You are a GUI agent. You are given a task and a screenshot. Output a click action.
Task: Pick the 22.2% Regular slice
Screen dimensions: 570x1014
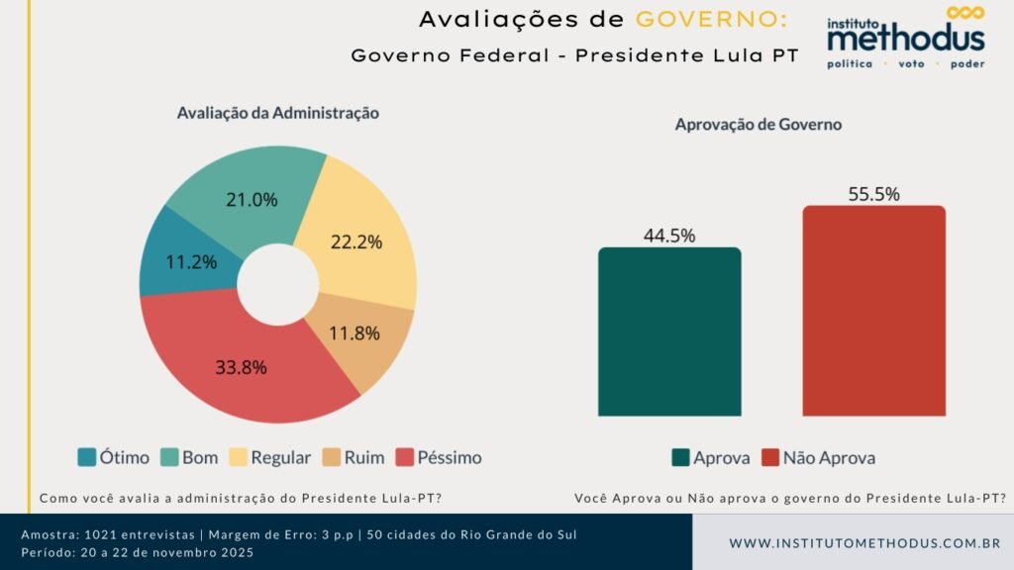356,239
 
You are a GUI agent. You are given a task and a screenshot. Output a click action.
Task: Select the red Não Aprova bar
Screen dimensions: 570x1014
873,311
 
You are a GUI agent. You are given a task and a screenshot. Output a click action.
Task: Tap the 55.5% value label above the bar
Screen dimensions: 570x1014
873,194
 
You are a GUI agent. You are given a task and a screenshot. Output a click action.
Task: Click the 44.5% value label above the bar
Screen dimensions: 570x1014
669,236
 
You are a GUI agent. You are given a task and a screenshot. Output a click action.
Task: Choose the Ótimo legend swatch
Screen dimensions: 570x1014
87,457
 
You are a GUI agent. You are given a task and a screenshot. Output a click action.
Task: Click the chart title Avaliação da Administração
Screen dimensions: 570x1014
278,113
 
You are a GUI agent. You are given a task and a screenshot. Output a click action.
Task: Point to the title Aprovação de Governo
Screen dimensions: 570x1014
759,125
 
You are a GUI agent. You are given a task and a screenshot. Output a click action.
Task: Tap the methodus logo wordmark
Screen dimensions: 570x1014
906,38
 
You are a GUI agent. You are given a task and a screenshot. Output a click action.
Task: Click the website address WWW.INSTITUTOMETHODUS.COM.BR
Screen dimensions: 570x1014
864,543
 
